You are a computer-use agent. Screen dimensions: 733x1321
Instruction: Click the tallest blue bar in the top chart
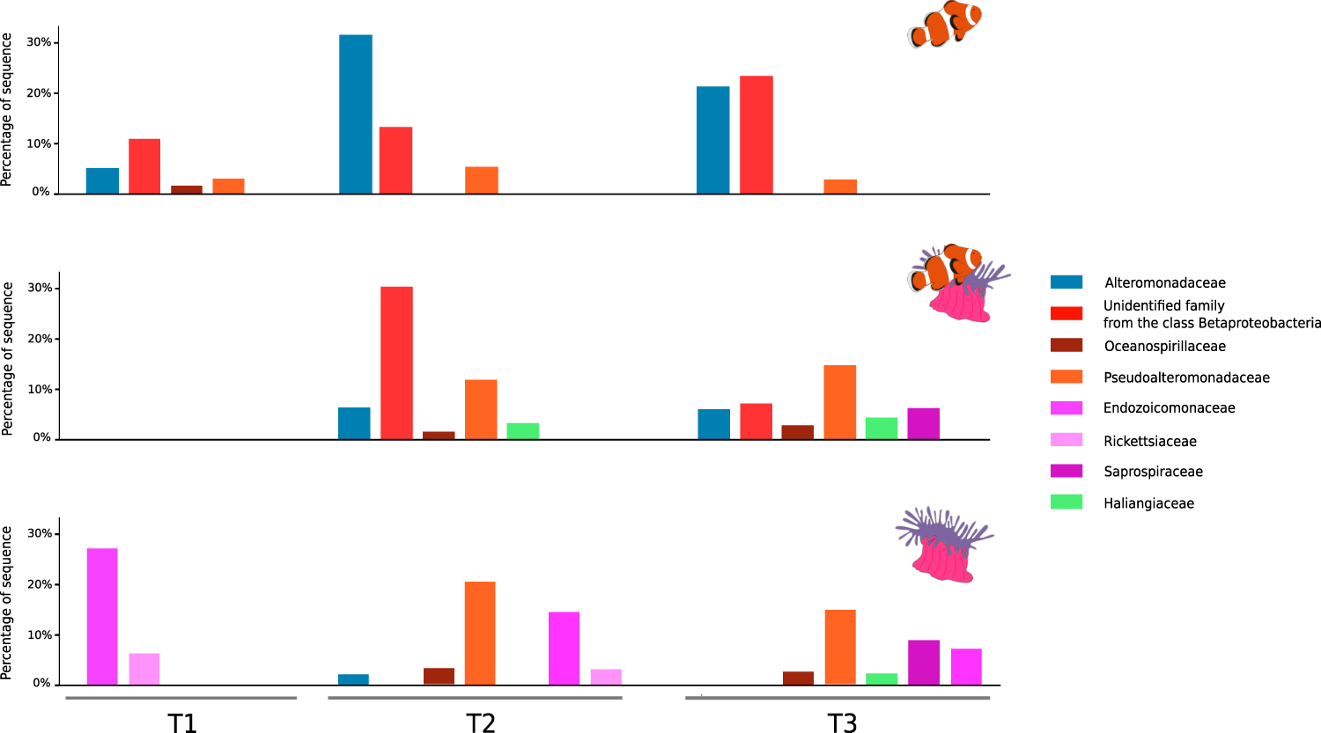[356, 114]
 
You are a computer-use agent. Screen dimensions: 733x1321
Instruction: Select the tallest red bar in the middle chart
[396, 363]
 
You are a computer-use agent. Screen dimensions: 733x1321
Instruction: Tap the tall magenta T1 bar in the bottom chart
[102, 616]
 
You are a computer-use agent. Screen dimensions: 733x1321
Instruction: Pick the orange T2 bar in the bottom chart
[480, 633]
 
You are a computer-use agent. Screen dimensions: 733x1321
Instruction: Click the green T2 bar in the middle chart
[522, 431]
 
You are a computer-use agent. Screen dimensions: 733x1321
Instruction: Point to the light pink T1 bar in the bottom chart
[144, 669]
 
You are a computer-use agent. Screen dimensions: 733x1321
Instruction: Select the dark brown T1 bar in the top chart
[187, 189]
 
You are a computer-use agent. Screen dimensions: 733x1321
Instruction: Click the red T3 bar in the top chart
[756, 135]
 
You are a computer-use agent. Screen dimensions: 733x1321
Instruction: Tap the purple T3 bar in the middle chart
[923, 423]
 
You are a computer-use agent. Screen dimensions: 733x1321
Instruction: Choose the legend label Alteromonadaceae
[1164, 282]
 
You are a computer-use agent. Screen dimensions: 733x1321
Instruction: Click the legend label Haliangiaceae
[1148, 503]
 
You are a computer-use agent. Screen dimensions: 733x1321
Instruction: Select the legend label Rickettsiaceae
[1149, 441]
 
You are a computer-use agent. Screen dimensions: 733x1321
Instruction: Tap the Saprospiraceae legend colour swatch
[1066, 471]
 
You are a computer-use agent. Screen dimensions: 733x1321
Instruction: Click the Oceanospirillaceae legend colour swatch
[1066, 345]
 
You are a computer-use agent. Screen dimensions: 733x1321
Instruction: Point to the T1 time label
[182, 722]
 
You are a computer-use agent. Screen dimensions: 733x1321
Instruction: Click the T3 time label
[842, 722]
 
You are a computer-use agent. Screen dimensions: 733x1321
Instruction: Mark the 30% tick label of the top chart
[39, 42]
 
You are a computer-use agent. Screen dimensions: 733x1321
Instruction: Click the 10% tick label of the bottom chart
[39, 634]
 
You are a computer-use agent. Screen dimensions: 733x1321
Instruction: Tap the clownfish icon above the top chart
[944, 25]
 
